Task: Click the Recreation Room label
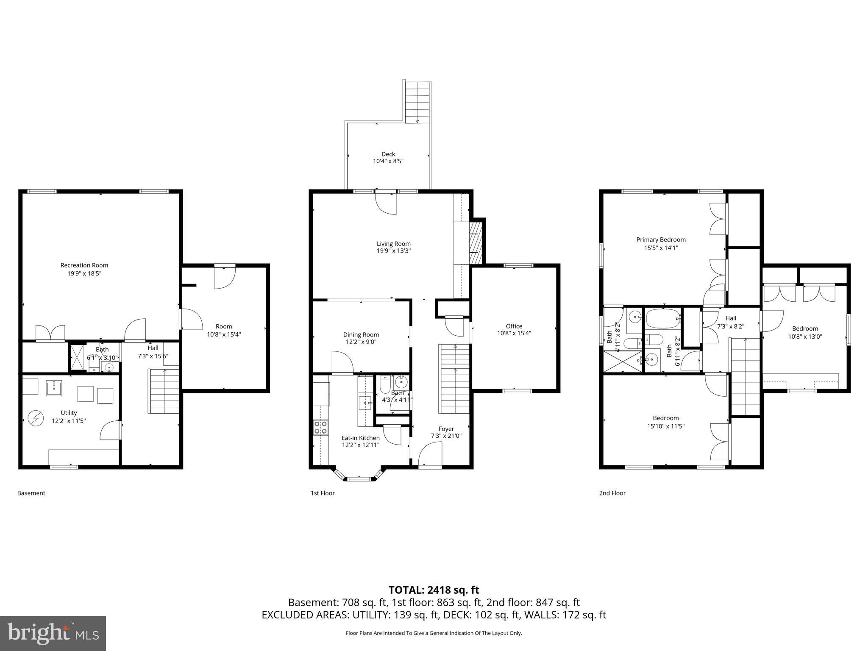(x=84, y=265)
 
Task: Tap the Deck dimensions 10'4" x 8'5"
(x=388, y=161)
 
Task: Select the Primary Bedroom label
(x=661, y=239)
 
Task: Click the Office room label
(x=514, y=326)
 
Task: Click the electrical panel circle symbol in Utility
(x=35, y=419)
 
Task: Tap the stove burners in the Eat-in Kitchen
(x=320, y=427)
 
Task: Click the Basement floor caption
(x=31, y=493)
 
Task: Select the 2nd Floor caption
(x=612, y=493)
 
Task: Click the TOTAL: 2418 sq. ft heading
(x=434, y=590)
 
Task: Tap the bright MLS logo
(x=53, y=633)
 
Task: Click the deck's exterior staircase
(x=417, y=102)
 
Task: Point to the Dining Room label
(x=361, y=335)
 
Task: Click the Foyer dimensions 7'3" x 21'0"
(x=446, y=435)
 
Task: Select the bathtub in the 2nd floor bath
(x=662, y=318)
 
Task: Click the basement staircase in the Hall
(x=163, y=391)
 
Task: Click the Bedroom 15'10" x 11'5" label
(x=665, y=418)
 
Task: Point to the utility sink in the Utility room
(x=54, y=387)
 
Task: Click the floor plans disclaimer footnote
(x=434, y=633)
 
